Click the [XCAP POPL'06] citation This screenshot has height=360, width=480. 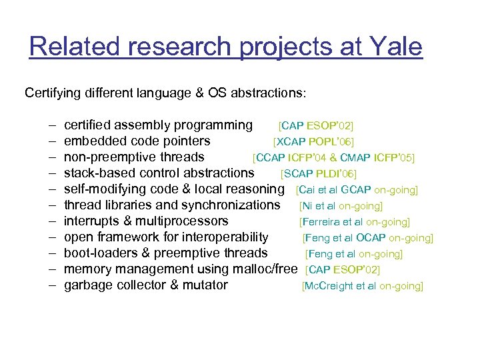pyautogui.click(x=313, y=142)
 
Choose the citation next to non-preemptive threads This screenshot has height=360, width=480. pyautogui.click(x=333, y=158)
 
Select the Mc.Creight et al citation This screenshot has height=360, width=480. pyautogui.click(x=363, y=286)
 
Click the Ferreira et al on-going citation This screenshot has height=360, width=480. pyautogui.click(x=355, y=222)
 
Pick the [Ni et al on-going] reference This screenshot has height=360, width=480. pyautogui.click(x=341, y=206)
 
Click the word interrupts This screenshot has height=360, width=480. pyautogui.click(x=91, y=221)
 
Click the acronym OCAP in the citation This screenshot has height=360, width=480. pyautogui.click(x=371, y=238)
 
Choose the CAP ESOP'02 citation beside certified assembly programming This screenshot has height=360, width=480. pyautogui.click(x=316, y=126)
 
